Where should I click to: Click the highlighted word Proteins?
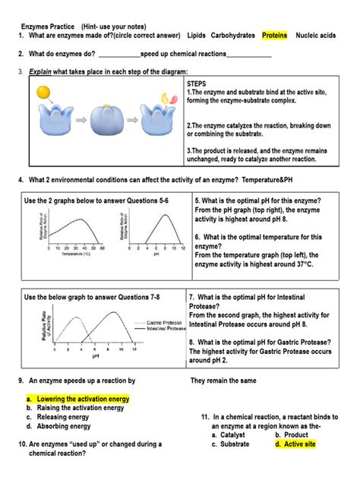(274, 36)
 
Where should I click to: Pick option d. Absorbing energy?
(62, 427)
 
